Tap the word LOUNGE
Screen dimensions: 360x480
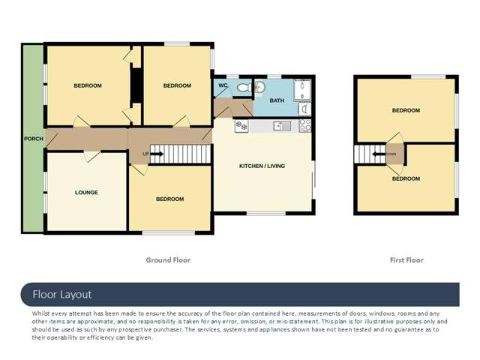[86, 193]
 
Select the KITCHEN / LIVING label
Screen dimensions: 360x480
[262, 166]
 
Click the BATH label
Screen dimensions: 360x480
[277, 100]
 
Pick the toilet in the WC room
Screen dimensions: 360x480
[243, 88]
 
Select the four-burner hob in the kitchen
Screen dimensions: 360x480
[305, 125]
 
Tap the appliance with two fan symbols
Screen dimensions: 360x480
[241, 126]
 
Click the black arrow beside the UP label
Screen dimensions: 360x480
[159, 154]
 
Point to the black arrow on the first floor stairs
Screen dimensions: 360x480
[382, 155]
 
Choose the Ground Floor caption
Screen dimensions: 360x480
[168, 260]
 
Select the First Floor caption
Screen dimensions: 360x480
[406, 260]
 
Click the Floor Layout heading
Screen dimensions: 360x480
[61, 295]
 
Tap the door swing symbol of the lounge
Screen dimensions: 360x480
[91, 156]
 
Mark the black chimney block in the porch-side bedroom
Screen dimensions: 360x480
[136, 85]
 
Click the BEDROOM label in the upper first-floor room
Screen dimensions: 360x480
[406, 110]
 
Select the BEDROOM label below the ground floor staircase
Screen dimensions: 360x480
[169, 199]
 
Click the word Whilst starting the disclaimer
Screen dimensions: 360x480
[43, 313]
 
